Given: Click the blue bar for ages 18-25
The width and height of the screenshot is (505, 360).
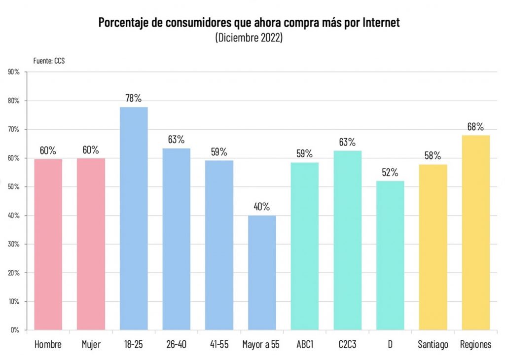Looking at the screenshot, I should click(134, 218).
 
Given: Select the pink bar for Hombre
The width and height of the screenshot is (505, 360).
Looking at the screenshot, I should click(48, 244).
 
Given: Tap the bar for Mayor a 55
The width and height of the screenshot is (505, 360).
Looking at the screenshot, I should click(262, 272).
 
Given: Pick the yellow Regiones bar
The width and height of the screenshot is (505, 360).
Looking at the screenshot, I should click(475, 232).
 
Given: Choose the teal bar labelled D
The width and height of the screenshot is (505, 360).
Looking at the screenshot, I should click(390, 255).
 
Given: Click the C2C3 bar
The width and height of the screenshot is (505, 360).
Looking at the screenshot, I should click(347, 240).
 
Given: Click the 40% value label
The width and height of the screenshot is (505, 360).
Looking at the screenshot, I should click(262, 207).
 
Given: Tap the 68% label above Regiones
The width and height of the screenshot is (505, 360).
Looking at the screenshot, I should click(475, 126).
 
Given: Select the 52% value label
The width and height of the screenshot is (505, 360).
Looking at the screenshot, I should click(390, 172).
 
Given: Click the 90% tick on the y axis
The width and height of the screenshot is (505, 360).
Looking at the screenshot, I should click(14, 72).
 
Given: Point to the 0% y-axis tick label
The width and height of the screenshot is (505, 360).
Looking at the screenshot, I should click(15, 330).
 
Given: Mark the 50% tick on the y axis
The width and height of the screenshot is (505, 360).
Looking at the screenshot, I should click(14, 187).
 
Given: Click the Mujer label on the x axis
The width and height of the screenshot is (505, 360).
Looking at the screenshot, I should click(91, 345).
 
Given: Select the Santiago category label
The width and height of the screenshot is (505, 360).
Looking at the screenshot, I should click(433, 345).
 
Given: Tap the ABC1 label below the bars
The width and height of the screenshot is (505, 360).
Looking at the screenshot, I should click(304, 345).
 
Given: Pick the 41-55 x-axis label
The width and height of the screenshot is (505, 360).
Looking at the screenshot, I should click(219, 345).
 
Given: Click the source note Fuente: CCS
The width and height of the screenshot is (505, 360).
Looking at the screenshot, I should click(49, 61).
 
